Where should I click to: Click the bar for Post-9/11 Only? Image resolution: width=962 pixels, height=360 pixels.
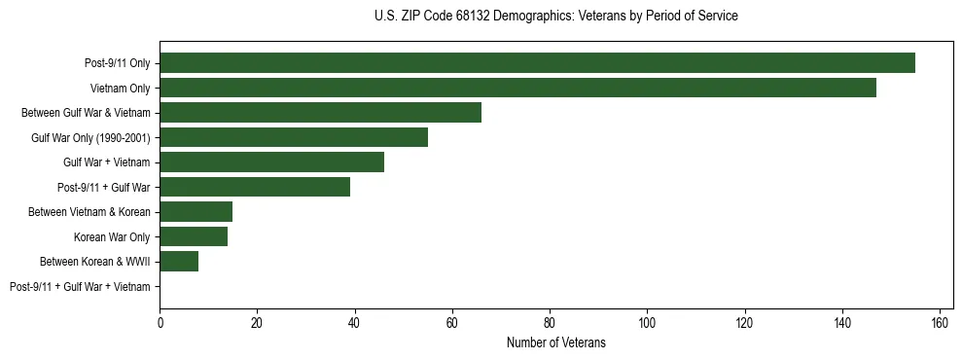(537, 63)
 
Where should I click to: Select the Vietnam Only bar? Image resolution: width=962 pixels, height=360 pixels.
(517, 88)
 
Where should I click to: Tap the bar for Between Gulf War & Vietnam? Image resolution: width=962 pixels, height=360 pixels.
(320, 113)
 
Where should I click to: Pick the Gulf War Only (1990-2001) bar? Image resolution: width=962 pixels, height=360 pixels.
(294, 137)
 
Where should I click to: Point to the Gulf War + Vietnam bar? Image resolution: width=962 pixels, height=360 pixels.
(271, 162)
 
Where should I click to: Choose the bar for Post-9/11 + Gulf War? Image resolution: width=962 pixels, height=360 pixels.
(255, 187)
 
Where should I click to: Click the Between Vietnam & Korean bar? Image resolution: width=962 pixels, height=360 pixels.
(196, 212)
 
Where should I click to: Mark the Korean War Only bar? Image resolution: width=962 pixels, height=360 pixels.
(194, 236)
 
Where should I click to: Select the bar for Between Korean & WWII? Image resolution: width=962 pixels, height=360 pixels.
(179, 262)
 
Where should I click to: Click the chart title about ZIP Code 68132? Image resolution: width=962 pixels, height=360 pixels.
(555, 17)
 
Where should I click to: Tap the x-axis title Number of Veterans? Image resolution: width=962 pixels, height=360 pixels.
(555, 342)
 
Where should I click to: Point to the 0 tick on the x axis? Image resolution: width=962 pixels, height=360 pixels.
(160, 323)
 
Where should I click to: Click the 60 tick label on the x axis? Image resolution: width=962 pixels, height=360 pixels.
(452, 323)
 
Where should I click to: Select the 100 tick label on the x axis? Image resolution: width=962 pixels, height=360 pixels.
(647, 323)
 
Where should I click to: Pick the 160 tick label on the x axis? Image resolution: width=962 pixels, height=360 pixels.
(940, 323)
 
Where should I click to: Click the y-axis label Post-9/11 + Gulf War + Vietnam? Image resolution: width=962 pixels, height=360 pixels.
(80, 287)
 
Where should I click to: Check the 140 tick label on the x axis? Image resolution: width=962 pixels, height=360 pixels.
(842, 323)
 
